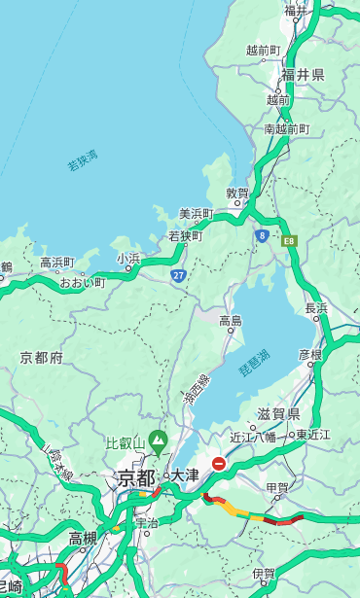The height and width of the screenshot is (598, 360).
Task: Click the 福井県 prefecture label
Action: tap(303, 75)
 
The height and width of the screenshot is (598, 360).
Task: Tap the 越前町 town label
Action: tap(263, 50)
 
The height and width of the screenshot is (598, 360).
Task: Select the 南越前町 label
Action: tap(286, 128)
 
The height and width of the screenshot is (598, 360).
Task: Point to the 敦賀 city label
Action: tap(237, 193)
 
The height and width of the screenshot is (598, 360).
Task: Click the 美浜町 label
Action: tap(196, 214)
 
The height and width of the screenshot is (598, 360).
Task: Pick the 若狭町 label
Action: tap(186, 235)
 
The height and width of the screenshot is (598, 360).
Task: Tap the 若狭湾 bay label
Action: tap(83, 160)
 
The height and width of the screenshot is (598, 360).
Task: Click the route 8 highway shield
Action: tap(262, 235)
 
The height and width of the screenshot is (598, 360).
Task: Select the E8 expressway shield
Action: tap(289, 240)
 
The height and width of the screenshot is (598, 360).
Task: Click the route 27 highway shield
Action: tap(179, 276)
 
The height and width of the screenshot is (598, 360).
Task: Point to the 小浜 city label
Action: tap(128, 259)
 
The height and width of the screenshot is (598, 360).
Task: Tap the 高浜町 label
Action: tap(56, 263)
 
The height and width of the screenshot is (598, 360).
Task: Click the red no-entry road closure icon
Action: tap(220, 464)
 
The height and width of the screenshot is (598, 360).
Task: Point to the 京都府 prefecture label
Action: tap(41, 358)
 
